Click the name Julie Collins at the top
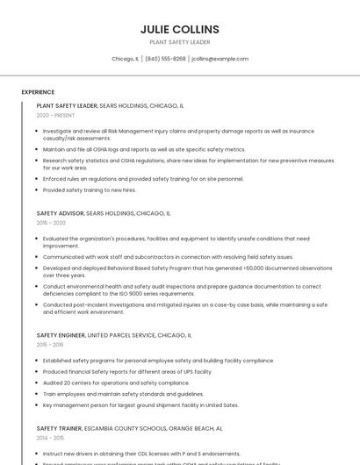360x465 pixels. (179, 29)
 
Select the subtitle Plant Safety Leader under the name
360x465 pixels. (179, 42)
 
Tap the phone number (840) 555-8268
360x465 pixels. (165, 59)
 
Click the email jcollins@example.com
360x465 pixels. (220, 59)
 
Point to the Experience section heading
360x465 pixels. (38, 91)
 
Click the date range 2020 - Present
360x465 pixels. (55, 115)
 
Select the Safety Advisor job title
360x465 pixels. (60, 213)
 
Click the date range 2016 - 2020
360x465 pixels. (51, 223)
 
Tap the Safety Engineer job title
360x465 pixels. (61, 335)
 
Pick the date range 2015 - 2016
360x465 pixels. (51, 345)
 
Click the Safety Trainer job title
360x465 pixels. (60, 428)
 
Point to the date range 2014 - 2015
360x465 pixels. (51, 438)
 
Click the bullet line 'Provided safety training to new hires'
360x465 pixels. (90, 190)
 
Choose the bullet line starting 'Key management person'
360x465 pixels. (140, 405)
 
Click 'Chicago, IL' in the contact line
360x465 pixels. (125, 59)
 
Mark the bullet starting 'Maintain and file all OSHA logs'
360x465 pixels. (144, 149)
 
